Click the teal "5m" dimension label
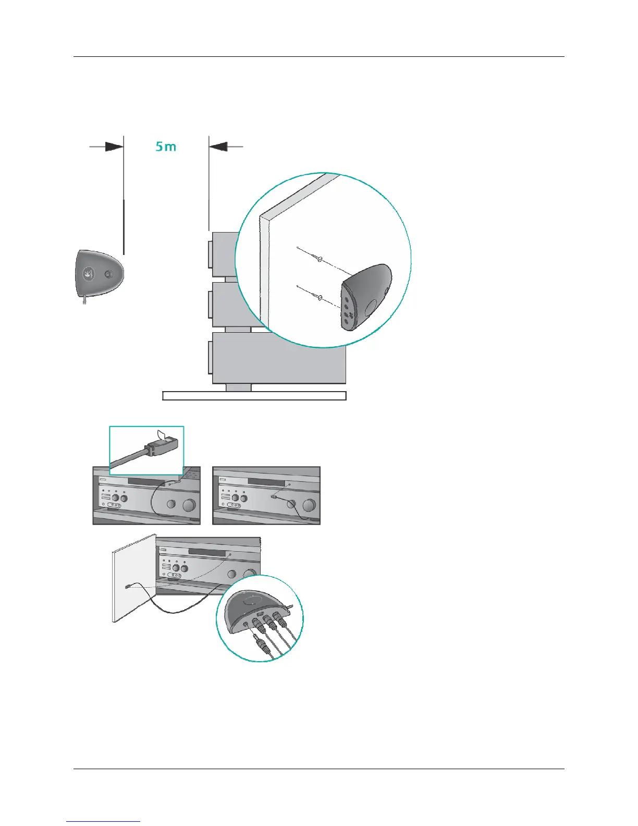pos(166,147)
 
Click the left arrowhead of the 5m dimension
pos(114,147)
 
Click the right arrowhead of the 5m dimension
pos(218,147)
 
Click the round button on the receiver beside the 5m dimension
pos(108,275)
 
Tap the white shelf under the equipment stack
pos(254,396)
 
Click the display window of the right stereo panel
pos(266,482)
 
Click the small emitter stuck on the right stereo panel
pos(273,498)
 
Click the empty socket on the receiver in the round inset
pos(245,624)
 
